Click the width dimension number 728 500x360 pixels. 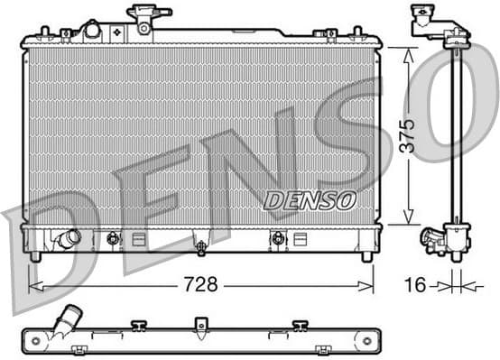[x=201, y=285]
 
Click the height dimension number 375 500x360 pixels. [x=408, y=135]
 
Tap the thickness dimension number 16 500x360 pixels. [x=415, y=285]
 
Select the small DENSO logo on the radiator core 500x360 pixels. [x=310, y=200]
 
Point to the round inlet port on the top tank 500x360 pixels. [x=91, y=30]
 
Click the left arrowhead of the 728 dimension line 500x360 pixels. [x=34, y=286]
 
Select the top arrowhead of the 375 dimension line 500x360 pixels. [x=408, y=51]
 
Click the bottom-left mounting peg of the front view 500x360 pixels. [x=35, y=256]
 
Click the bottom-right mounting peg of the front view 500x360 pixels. [x=366, y=256]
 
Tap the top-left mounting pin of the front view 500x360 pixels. [x=42, y=32]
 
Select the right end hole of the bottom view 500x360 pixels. [x=366, y=341]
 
